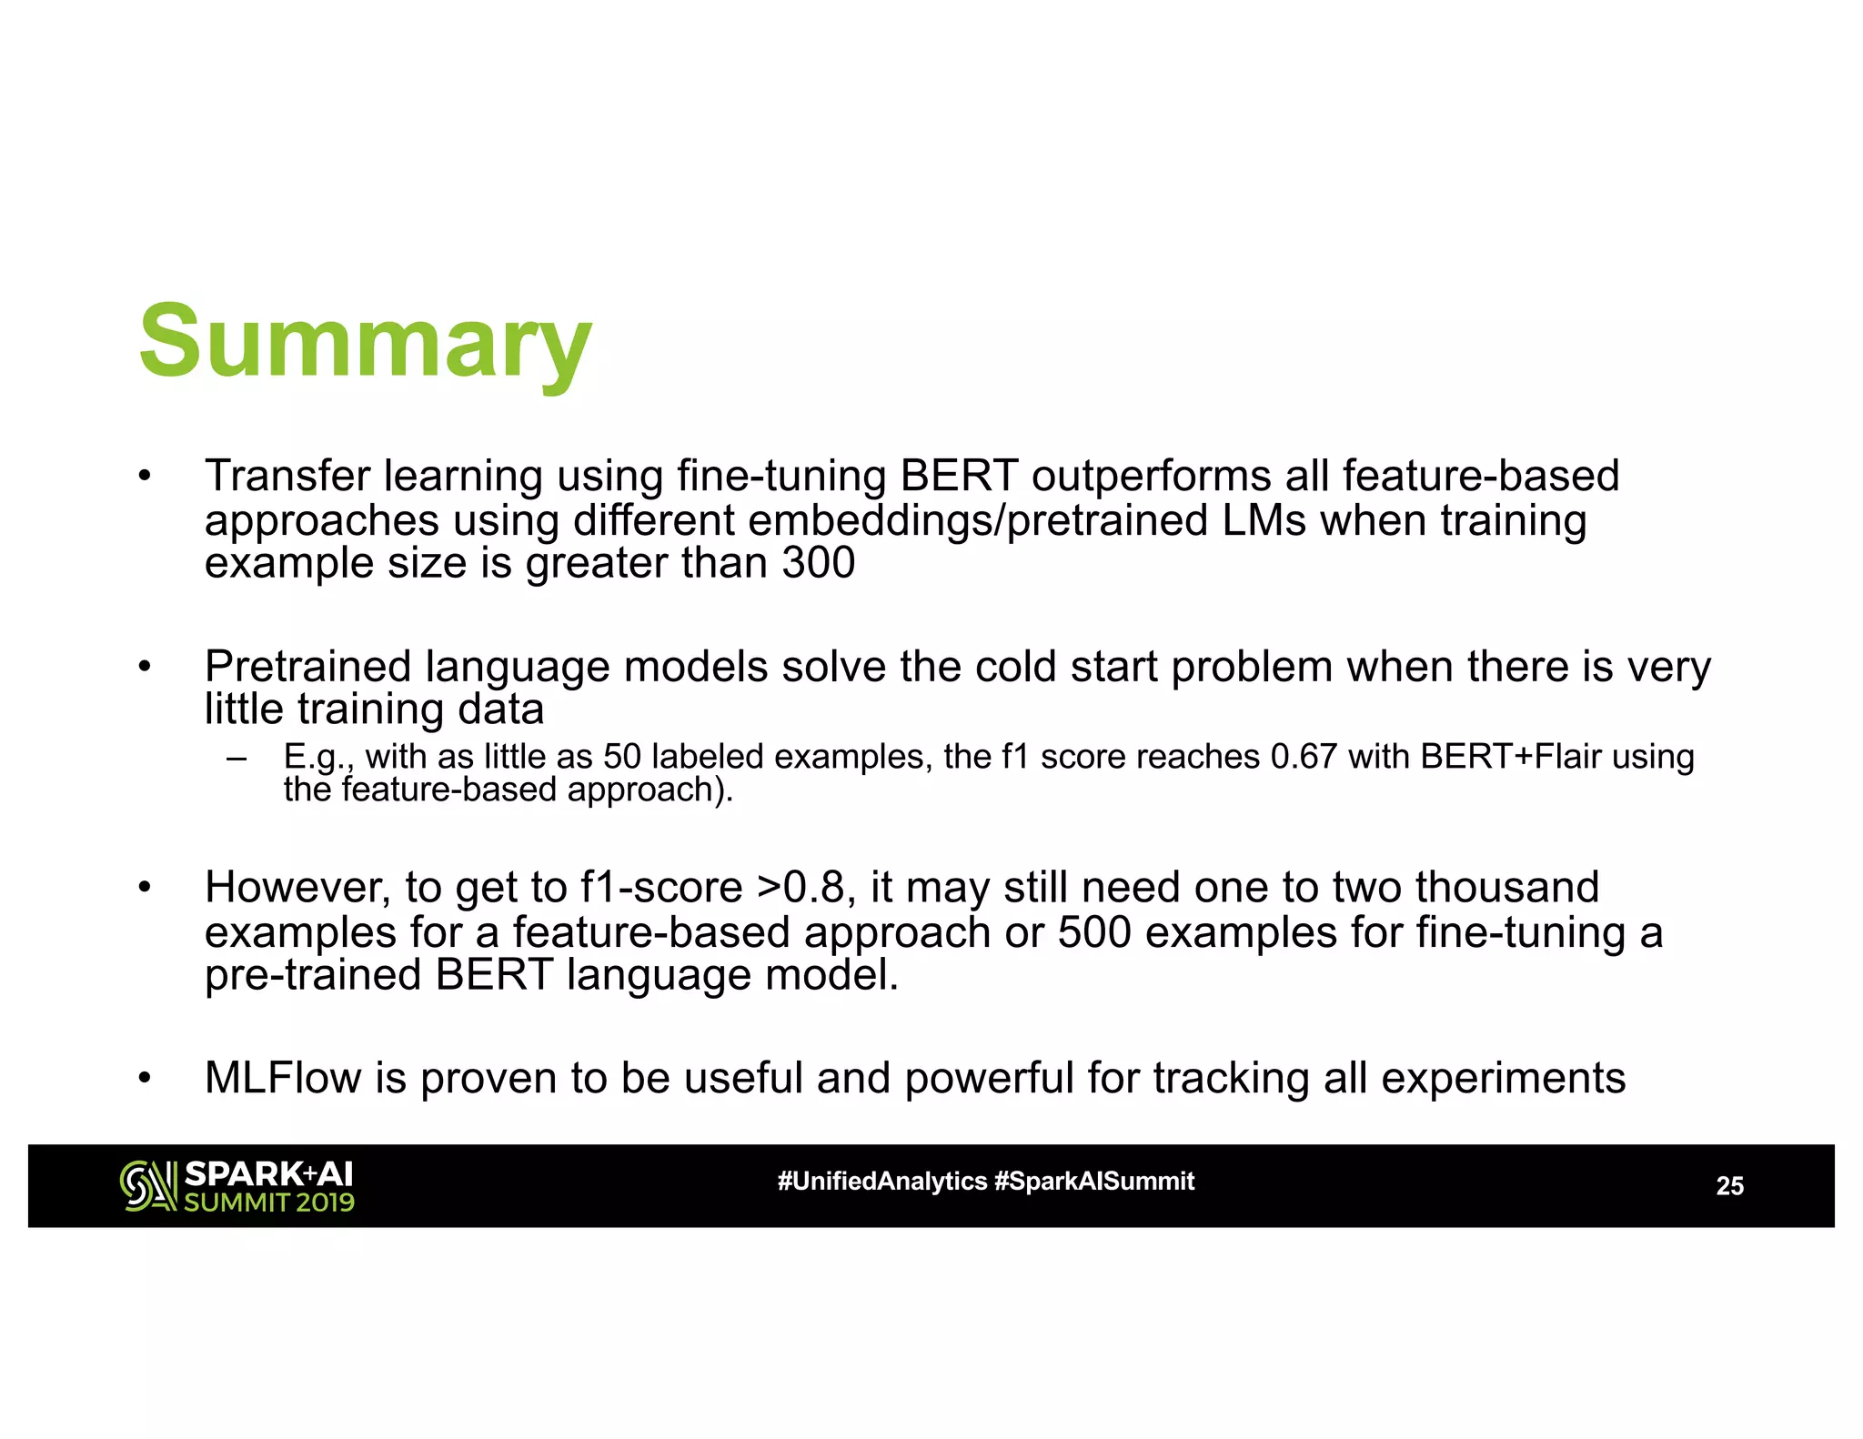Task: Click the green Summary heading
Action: tap(365, 344)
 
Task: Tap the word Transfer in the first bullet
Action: tap(287, 476)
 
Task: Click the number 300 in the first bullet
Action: tap(818, 562)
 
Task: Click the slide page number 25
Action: tap(1729, 1186)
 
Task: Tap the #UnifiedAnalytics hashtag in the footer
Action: tap(881, 1182)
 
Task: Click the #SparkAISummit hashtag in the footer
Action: tap(1094, 1182)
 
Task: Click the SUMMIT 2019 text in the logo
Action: tap(269, 1203)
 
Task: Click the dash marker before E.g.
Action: tap(237, 758)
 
